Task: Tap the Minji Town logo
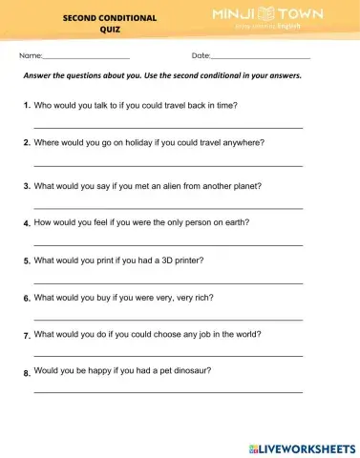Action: pyautogui.click(x=267, y=18)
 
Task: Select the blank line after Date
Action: pyautogui.click(x=259, y=58)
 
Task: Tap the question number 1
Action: pyautogui.click(x=27, y=104)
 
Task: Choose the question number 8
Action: pyautogui.click(x=27, y=373)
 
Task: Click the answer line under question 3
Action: pyautogui.click(x=168, y=207)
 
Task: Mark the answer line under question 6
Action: pyautogui.click(x=168, y=319)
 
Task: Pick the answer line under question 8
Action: pyautogui.click(x=168, y=391)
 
